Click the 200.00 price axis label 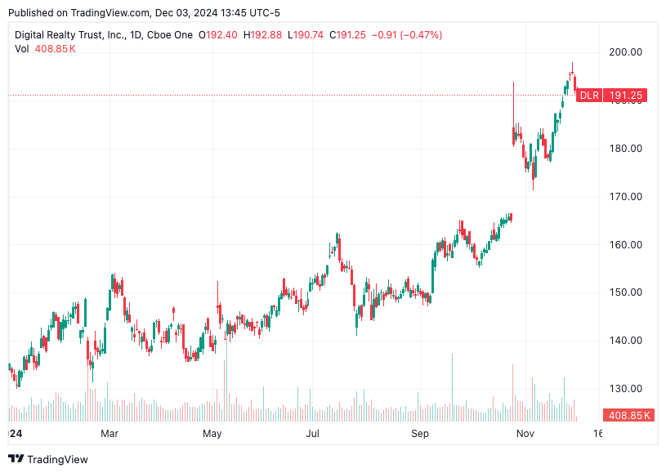[626, 52]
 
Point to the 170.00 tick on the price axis [626, 197]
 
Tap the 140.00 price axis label [626, 341]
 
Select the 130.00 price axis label [626, 389]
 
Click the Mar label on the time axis [110, 433]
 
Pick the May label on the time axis [212, 433]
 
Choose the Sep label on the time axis [420, 433]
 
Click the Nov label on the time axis [525, 433]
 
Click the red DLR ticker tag [589, 96]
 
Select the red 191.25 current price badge [627, 96]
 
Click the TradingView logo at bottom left [48, 459]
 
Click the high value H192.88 [262, 35]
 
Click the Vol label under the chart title [23, 49]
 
